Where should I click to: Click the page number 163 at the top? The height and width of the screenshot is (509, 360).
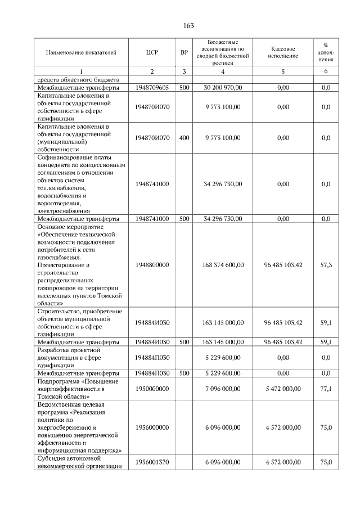pos(188,26)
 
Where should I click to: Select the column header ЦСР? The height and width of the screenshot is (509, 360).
pos(152,52)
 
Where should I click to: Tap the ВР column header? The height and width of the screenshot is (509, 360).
pos(184,52)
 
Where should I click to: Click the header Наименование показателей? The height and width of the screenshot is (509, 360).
pos(81,52)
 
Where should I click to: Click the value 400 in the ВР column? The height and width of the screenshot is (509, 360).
pos(184,137)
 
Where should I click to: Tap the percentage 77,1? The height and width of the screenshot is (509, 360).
pos(326,389)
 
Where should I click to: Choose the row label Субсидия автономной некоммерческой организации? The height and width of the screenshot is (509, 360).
pos(79,462)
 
